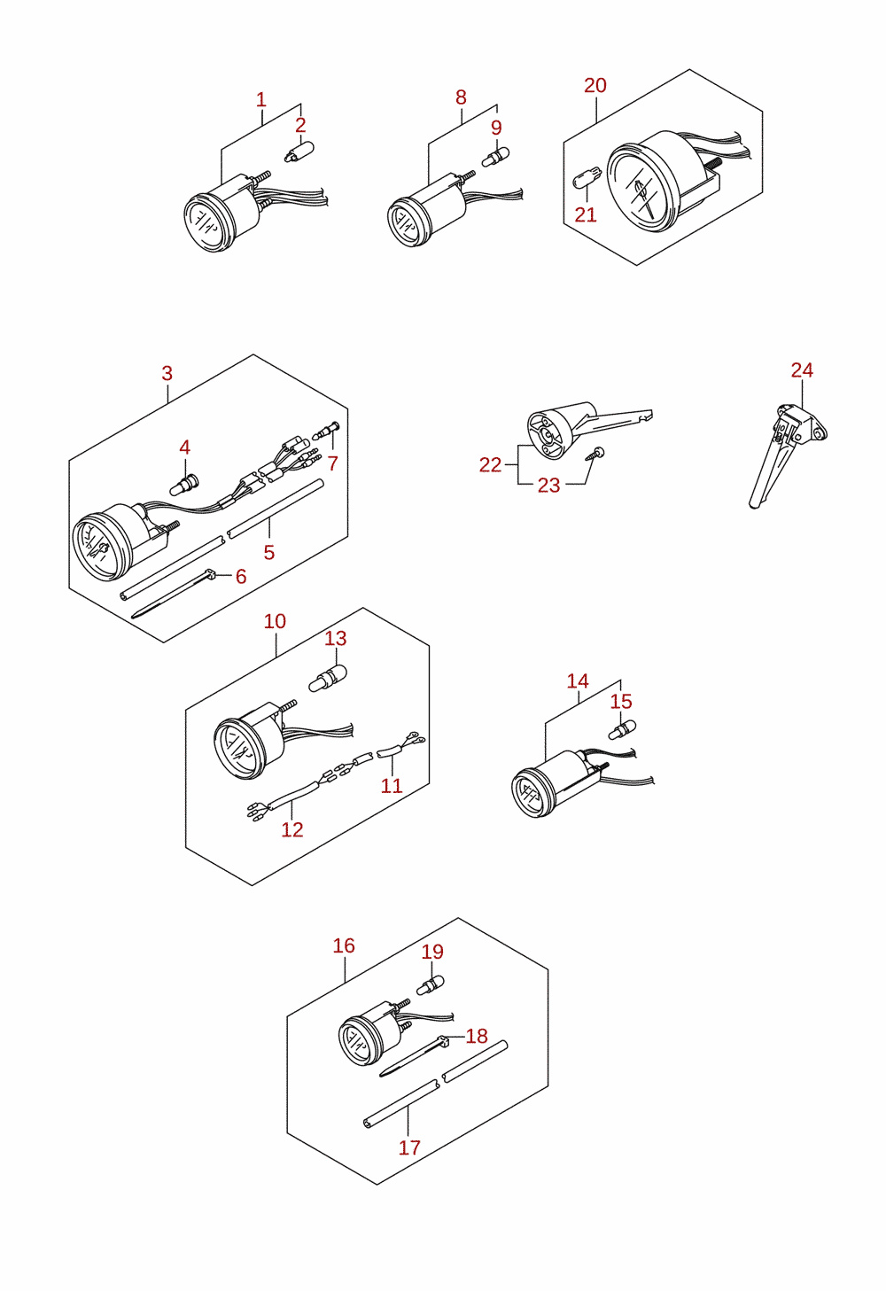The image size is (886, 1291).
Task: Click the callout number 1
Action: pyautogui.click(x=261, y=100)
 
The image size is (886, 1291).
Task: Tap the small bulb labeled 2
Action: pyautogui.click(x=299, y=152)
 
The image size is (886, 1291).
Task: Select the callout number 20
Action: pyautogui.click(x=595, y=85)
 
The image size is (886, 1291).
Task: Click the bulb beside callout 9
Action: pyautogui.click(x=496, y=156)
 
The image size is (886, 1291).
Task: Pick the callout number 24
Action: pyautogui.click(x=802, y=370)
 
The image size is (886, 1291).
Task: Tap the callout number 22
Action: pyautogui.click(x=491, y=464)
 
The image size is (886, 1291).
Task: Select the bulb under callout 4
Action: pyautogui.click(x=184, y=484)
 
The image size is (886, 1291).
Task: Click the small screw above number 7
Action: pyautogui.click(x=328, y=430)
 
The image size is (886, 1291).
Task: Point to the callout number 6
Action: pyautogui.click(x=241, y=576)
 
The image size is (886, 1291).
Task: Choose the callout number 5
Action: pyautogui.click(x=269, y=552)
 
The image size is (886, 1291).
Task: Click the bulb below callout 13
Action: pyautogui.click(x=328, y=678)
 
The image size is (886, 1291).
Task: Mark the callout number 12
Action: pyautogui.click(x=292, y=829)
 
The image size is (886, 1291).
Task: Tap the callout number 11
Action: pyautogui.click(x=392, y=786)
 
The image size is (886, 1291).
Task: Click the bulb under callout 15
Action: pyautogui.click(x=623, y=729)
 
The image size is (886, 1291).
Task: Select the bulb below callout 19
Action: pyautogui.click(x=431, y=985)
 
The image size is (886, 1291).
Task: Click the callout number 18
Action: pyautogui.click(x=477, y=1036)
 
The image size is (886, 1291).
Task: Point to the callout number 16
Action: pyautogui.click(x=344, y=945)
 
